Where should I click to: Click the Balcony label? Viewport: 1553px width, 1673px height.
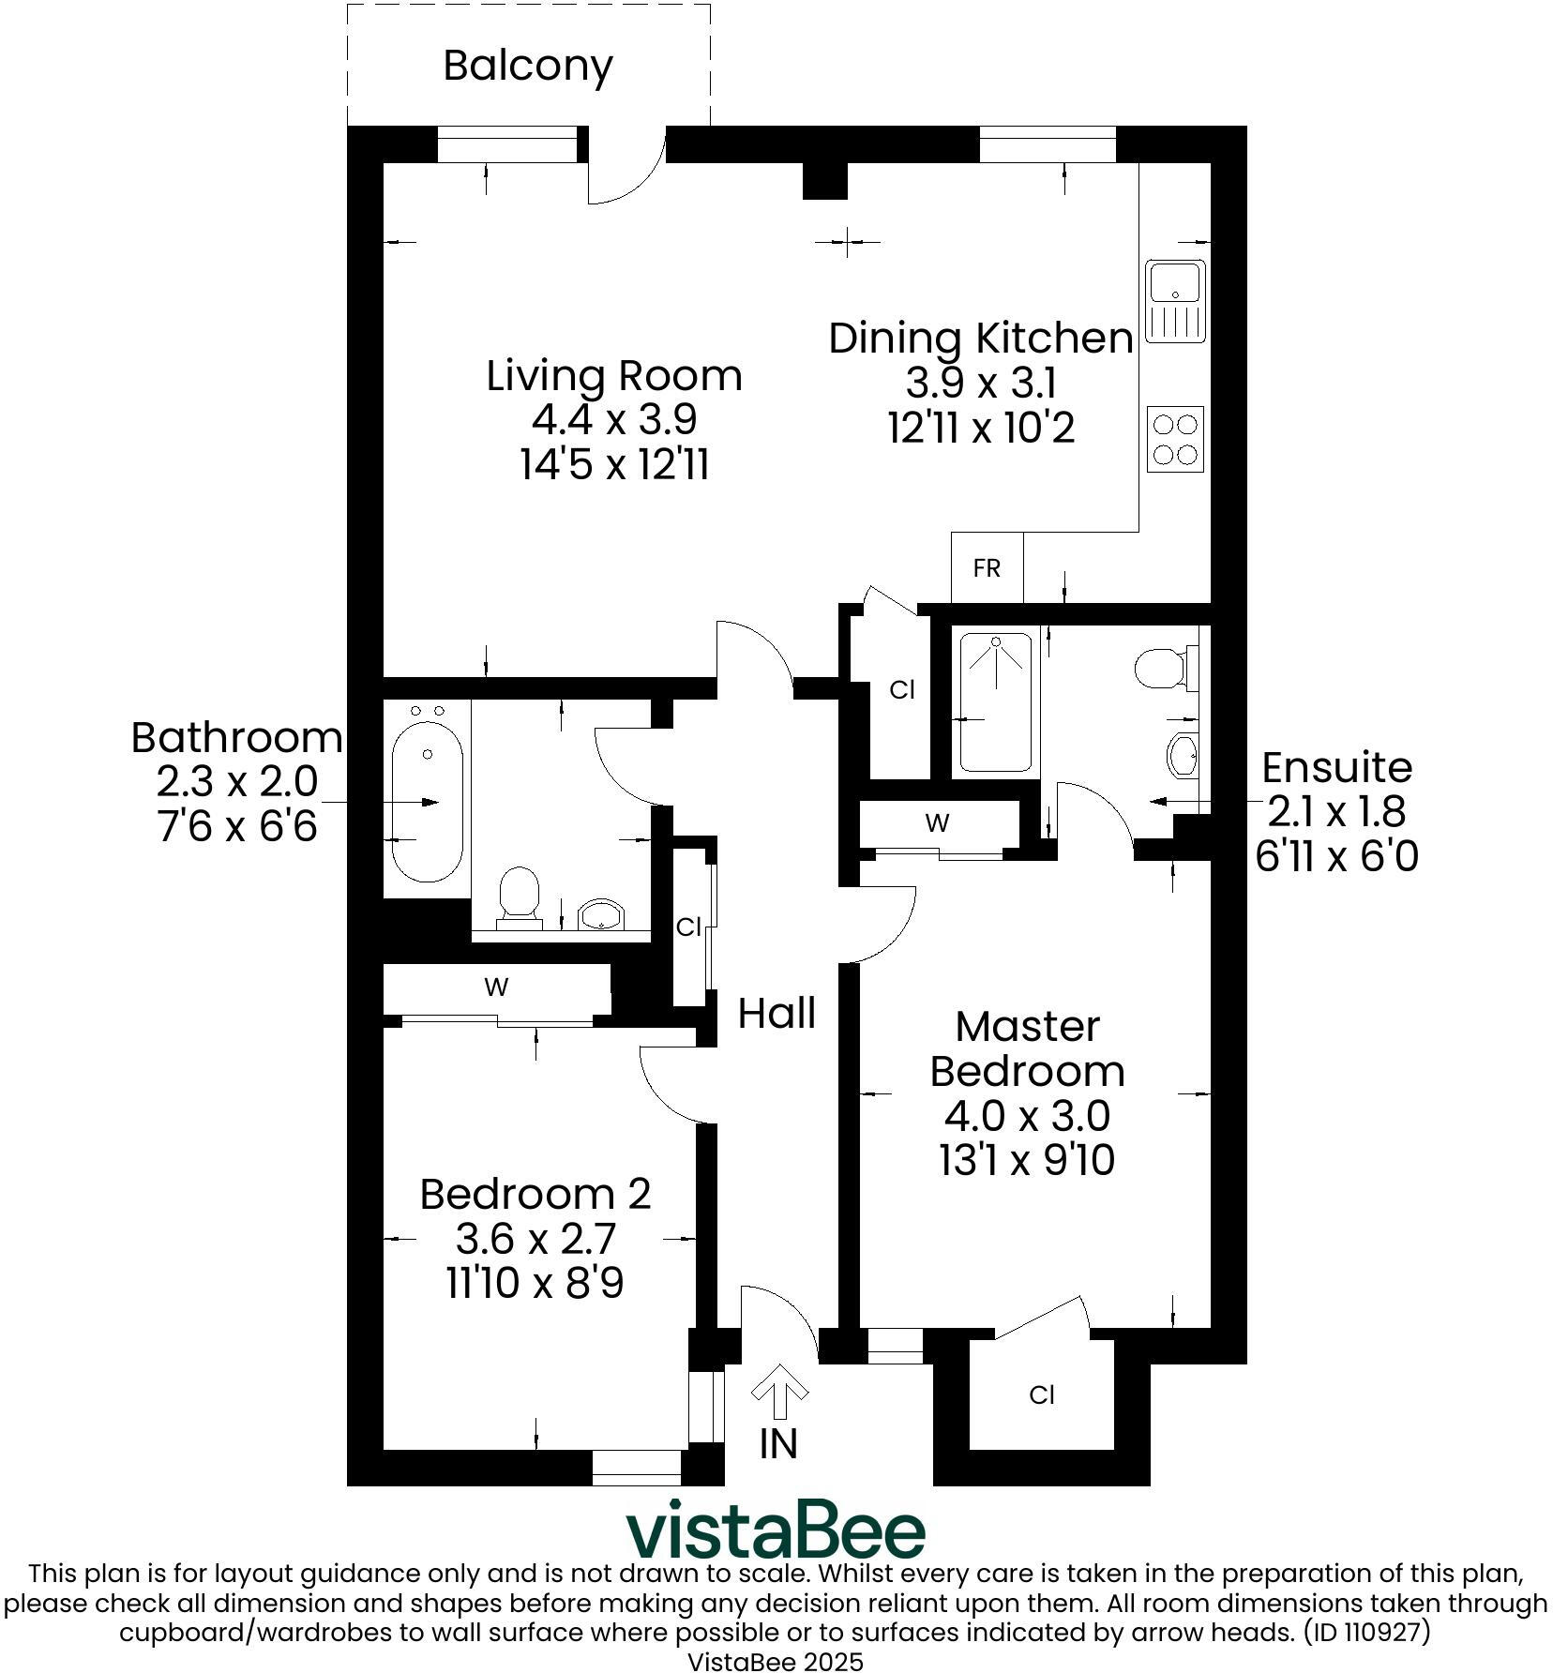pyautogui.click(x=528, y=65)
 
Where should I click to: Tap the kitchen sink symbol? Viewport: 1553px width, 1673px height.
pyautogui.click(x=1175, y=302)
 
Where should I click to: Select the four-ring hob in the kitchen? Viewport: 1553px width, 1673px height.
pyautogui.click(x=1175, y=439)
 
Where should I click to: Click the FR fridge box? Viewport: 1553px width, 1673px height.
pyautogui.click(x=987, y=568)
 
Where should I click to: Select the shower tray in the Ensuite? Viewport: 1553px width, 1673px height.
pyautogui.click(x=995, y=702)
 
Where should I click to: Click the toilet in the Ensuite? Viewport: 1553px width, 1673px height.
pyautogui.click(x=1163, y=668)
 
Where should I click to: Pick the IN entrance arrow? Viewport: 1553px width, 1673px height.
pyautogui.click(x=779, y=1394)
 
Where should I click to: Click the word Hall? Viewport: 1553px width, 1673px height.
pyautogui.click(x=776, y=1014)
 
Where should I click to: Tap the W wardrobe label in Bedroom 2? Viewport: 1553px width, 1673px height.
pyautogui.click(x=496, y=987)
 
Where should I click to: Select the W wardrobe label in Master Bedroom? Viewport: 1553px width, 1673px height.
pyautogui.click(x=937, y=823)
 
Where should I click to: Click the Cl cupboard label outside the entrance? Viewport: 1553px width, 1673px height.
pyautogui.click(x=1042, y=1395)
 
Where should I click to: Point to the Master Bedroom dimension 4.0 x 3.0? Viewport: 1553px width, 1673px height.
pyautogui.click(x=1027, y=1116)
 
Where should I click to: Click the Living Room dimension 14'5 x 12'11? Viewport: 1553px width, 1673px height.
pyautogui.click(x=614, y=464)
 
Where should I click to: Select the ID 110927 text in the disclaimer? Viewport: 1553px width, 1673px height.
pyautogui.click(x=1366, y=1633)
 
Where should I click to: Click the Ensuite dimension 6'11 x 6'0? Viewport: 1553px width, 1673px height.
pyautogui.click(x=1336, y=856)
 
